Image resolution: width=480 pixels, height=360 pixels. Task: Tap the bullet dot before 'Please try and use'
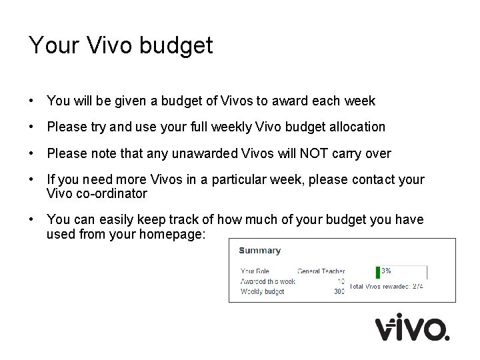coord(32,127)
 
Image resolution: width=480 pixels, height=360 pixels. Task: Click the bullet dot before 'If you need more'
coord(32,181)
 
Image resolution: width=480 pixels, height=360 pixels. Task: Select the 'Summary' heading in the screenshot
coord(259,251)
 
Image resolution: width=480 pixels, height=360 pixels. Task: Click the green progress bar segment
coord(378,271)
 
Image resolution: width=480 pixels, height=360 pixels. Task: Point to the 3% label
coord(387,271)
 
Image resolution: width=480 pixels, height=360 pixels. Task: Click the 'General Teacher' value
coord(321,271)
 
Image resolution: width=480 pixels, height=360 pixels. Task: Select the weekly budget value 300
coord(339,291)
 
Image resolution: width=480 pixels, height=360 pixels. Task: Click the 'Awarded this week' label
coord(267,281)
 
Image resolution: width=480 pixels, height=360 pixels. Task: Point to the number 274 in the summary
coord(417,286)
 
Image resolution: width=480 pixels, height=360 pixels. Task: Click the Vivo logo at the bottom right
coord(412,328)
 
